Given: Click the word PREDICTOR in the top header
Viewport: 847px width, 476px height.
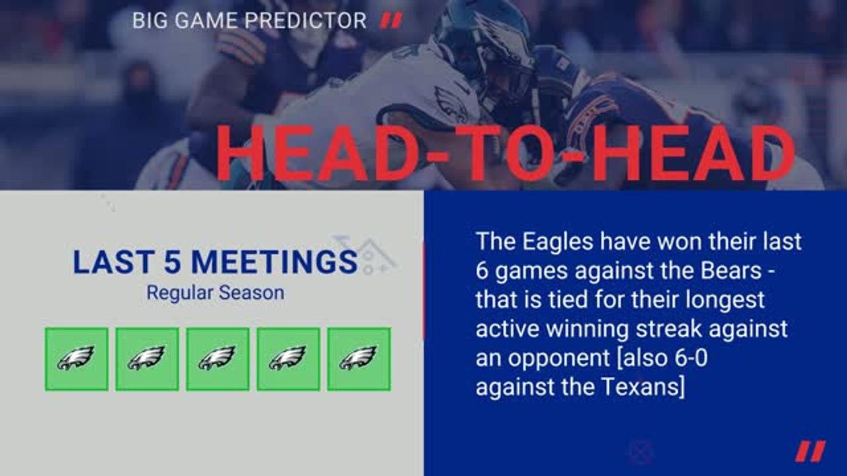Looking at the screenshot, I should pyautogui.click(x=305, y=20).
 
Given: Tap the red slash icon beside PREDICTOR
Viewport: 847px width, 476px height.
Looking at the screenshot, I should pyautogui.click(x=391, y=21).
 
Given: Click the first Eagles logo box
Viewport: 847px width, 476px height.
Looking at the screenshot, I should pyautogui.click(x=77, y=359).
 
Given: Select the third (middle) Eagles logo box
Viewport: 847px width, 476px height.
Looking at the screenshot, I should pyautogui.click(x=218, y=359).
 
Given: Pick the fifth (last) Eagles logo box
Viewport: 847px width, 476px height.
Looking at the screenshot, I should pyautogui.click(x=359, y=359).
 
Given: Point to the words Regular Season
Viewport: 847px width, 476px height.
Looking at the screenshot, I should pyautogui.click(x=215, y=292).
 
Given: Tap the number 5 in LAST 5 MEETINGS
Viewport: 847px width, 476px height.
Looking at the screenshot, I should pyautogui.click(x=177, y=262).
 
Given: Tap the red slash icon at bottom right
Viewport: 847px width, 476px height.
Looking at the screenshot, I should pyautogui.click(x=810, y=452).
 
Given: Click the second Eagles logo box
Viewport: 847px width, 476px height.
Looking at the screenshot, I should pyautogui.click(x=147, y=359).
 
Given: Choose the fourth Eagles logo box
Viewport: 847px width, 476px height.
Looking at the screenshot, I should pyautogui.click(x=288, y=359).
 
